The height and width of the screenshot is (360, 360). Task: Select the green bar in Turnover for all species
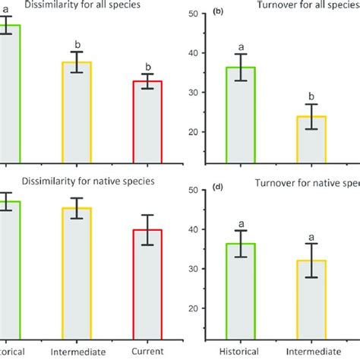pos(240,114)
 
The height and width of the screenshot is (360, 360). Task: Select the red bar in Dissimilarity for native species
pos(147,285)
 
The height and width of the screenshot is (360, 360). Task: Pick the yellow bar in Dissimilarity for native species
pos(76,273)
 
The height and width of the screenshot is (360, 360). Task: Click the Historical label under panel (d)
pos(240,352)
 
